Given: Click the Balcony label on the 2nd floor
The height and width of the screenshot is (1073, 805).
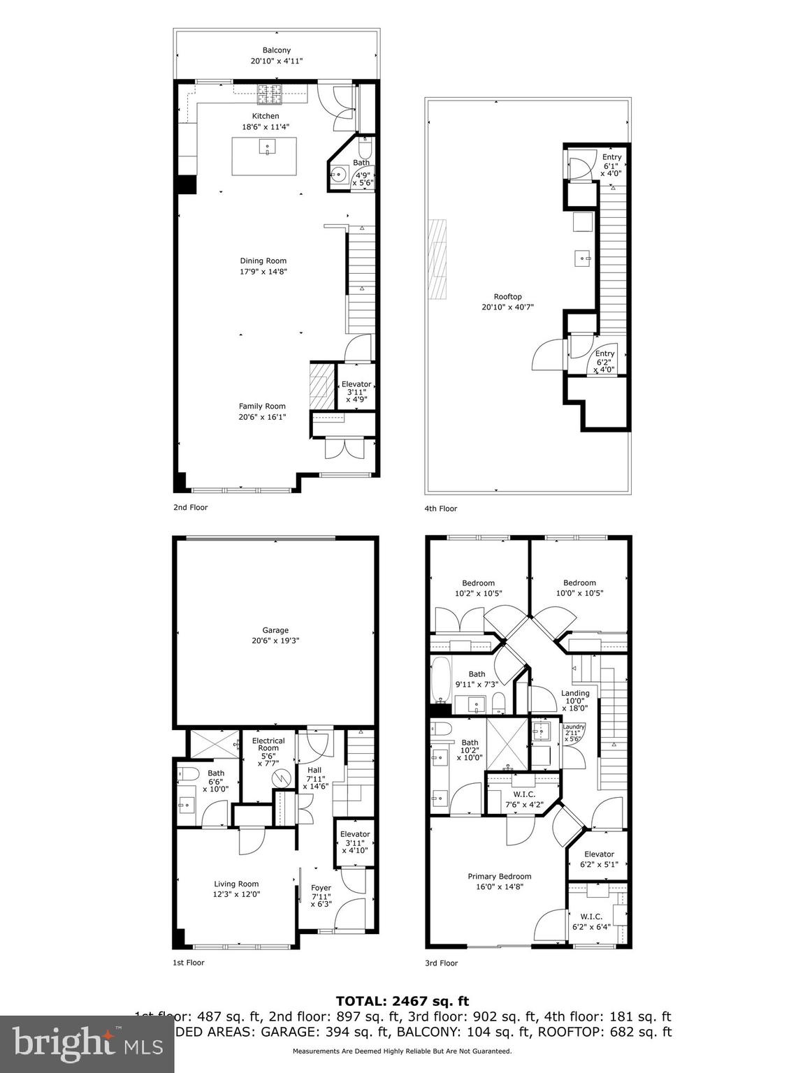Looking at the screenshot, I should tap(277, 50).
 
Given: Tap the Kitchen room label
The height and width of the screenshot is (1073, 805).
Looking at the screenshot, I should tap(266, 116).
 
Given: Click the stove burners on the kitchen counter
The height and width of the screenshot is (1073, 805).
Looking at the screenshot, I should tap(268, 92).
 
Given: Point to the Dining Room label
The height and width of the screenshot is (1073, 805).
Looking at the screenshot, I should tap(263, 261).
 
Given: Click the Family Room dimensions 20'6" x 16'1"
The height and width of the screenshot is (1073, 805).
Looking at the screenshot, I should tap(263, 417).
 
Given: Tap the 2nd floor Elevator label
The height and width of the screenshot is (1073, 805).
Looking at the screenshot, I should tap(356, 384).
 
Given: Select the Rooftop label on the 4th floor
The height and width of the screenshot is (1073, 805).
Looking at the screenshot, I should tap(507, 297).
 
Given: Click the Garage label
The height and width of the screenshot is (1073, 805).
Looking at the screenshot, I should tap(275, 630).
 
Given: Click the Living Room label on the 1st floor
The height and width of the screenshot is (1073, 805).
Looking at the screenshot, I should tap(236, 884).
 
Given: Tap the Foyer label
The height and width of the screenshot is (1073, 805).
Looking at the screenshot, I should tap(321, 888).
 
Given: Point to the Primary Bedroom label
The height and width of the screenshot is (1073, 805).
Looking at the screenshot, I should tap(500, 877).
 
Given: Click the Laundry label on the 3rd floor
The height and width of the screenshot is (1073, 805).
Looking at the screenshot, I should tap(574, 727).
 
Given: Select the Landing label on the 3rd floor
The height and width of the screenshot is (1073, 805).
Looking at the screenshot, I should tap(576, 694).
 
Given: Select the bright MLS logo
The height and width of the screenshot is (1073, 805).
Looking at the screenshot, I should tap(87, 1043).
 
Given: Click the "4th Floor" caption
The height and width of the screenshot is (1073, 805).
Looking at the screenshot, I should tap(441, 509).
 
